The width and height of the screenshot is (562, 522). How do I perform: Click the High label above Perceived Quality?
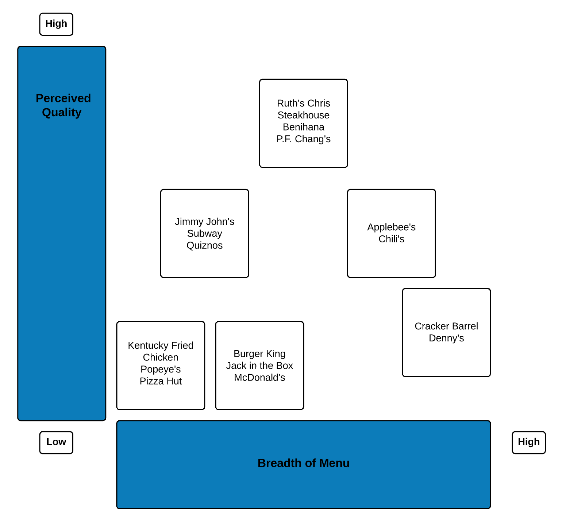point(56,24)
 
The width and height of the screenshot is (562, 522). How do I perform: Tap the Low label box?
point(56,442)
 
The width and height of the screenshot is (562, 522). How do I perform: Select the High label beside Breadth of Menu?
point(528,442)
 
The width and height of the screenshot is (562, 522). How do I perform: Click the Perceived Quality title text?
point(63,105)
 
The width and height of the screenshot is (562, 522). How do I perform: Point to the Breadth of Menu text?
point(303,463)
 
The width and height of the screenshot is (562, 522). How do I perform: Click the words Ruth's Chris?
point(303,103)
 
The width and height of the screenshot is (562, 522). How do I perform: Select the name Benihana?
point(303,127)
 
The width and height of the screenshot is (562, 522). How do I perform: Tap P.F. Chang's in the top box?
point(303,139)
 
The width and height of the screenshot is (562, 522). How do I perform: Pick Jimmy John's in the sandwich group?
point(204,222)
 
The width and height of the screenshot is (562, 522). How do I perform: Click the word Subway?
point(204,234)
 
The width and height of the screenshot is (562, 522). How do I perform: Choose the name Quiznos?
point(204,245)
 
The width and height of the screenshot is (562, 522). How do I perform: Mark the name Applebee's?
point(391,227)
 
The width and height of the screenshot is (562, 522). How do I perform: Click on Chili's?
point(391,239)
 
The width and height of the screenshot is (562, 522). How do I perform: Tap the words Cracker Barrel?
point(446,326)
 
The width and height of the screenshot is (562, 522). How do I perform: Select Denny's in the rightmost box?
point(446,338)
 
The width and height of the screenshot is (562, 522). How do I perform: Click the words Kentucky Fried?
point(161,345)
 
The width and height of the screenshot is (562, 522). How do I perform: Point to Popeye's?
point(161,369)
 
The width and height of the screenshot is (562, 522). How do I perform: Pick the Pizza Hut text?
point(161,381)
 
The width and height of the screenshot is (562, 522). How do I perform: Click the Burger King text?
point(259,354)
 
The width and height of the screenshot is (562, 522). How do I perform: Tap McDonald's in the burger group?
point(259,378)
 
